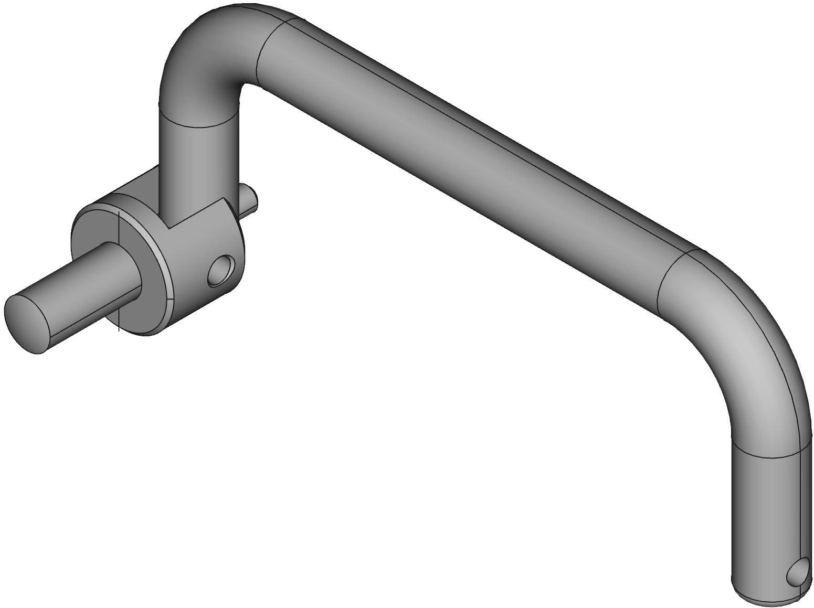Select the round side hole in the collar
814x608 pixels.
(221, 271)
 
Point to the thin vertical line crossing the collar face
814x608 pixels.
(119, 273)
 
